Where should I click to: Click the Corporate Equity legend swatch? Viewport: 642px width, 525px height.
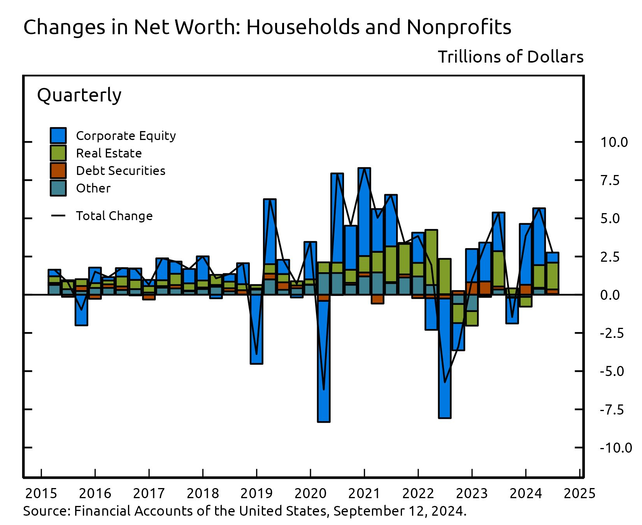pos(58,136)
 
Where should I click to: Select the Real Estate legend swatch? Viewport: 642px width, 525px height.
pos(58,153)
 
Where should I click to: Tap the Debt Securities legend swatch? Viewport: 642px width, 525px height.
pos(58,171)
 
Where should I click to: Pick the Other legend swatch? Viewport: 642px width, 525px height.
pos(58,188)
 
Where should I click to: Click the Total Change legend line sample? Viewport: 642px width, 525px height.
pos(58,215)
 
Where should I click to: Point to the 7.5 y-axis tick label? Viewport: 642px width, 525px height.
pos(610,180)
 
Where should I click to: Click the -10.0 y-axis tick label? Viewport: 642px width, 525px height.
pos(616,448)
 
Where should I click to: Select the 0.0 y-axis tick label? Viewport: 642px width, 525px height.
pos(610,295)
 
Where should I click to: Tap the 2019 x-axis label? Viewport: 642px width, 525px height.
pos(256,493)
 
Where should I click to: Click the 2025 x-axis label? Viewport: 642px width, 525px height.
pos(579,493)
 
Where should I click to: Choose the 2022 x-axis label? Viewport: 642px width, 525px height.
pos(418,493)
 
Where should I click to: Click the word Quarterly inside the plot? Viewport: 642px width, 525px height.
pos(79,95)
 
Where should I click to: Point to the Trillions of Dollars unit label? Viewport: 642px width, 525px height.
pos(510,57)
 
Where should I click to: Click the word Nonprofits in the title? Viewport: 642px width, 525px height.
pos(459,27)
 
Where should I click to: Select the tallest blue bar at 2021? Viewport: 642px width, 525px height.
pos(364,212)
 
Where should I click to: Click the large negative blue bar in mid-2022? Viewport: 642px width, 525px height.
pos(445,358)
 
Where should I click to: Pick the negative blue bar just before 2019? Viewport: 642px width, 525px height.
pos(256,331)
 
